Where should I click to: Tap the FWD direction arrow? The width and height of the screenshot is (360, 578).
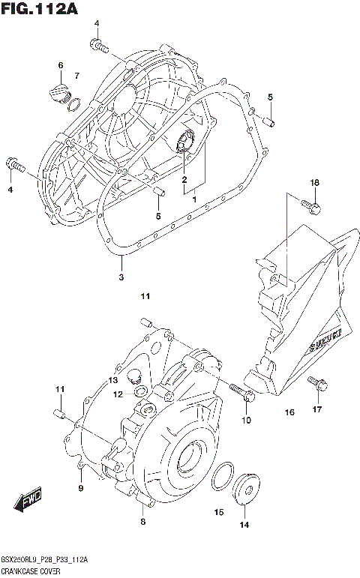point(28,500)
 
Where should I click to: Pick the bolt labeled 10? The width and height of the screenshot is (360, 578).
point(241,395)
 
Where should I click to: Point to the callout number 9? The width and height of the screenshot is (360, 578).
point(80,489)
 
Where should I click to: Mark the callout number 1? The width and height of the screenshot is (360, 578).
point(193,200)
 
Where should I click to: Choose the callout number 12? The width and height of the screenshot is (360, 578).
point(118,394)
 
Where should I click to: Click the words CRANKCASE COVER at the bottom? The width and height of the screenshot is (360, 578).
point(31,571)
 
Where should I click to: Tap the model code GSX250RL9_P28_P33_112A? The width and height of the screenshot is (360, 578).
point(45,560)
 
